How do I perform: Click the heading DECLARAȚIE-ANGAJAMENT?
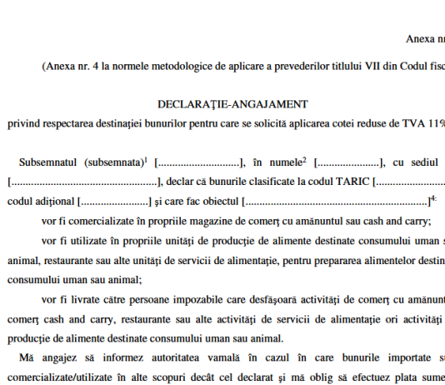(232, 104)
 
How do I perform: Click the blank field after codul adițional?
(112, 200)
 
